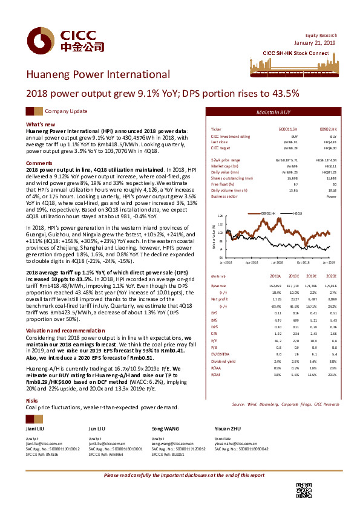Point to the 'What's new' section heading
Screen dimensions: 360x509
click(41, 124)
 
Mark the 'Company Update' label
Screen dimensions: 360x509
click(66, 112)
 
